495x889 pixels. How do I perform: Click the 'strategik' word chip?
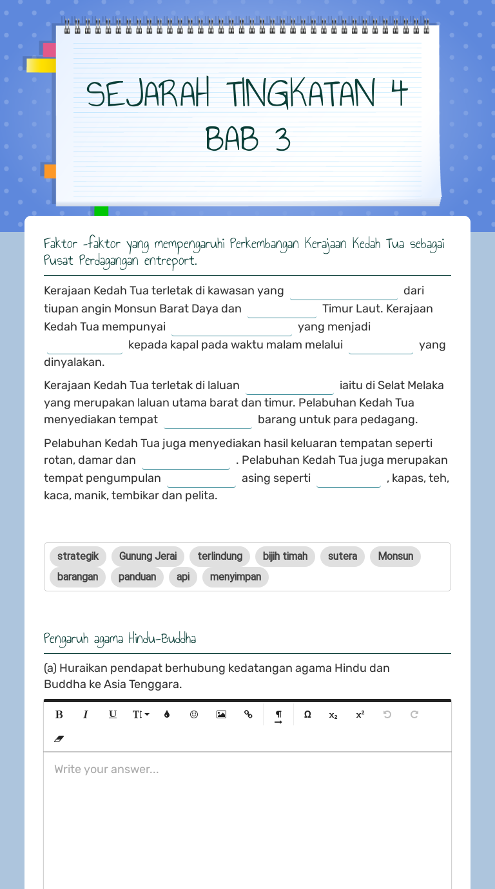tap(78, 557)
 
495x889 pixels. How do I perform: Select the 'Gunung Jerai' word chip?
tap(148, 557)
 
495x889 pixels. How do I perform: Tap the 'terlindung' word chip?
tap(220, 557)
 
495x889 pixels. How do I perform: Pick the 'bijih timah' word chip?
tap(285, 557)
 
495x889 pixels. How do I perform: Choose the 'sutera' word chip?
tap(342, 557)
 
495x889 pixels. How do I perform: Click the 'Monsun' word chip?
tap(395, 557)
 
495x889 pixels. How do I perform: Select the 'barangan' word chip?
tap(77, 577)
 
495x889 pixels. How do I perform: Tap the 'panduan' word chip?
tap(137, 577)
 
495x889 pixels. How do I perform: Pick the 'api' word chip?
tap(183, 577)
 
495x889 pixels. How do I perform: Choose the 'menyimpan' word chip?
tap(235, 577)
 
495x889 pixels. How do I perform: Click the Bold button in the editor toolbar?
tap(59, 714)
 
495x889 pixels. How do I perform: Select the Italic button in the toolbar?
tap(86, 714)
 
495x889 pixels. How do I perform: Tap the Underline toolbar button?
tap(113, 714)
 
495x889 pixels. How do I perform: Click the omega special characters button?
tap(307, 714)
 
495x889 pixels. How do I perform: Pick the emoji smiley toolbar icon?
tap(194, 714)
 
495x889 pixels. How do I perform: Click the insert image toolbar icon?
tap(221, 714)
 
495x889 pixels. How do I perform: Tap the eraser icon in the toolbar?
tap(59, 739)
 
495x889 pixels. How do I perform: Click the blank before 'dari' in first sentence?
tap(344, 292)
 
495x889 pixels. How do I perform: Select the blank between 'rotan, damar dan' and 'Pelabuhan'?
tap(186, 462)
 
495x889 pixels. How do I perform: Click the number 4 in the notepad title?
tap(399, 94)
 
